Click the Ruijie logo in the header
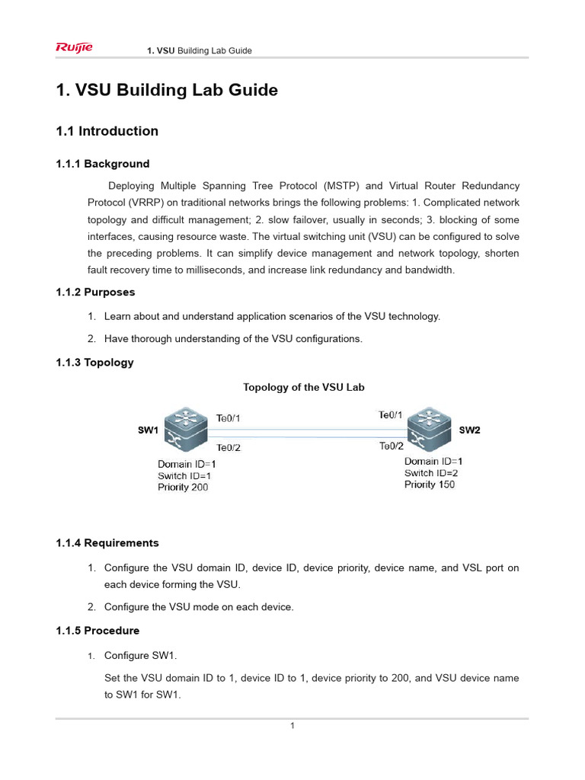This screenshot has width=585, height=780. click(x=74, y=49)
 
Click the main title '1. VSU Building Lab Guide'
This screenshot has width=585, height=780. click(x=167, y=91)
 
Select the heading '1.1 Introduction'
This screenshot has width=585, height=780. click(x=107, y=131)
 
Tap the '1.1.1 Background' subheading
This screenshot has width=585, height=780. click(x=103, y=164)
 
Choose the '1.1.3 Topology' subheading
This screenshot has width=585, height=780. click(x=95, y=363)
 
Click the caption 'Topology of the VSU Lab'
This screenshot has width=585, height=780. click(x=303, y=387)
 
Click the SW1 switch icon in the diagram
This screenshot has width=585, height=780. click(x=185, y=430)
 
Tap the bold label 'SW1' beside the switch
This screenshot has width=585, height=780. click(x=148, y=430)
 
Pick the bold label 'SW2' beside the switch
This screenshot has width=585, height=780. click(x=469, y=430)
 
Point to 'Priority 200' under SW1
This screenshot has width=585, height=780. click(x=183, y=487)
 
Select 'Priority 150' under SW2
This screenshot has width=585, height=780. click(x=430, y=484)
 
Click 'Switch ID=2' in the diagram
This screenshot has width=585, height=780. click(x=431, y=473)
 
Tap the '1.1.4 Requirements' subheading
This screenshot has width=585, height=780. click(x=107, y=543)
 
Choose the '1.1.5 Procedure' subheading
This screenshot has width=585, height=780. click(x=98, y=631)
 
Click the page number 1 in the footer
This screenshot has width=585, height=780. click(x=292, y=726)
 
